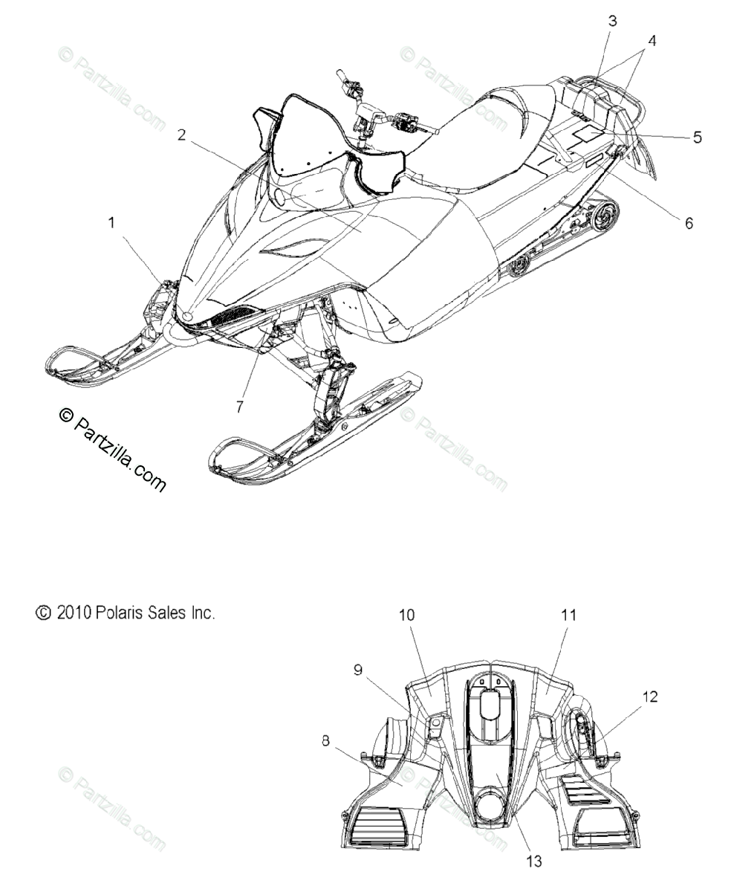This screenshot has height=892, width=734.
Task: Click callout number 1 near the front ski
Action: coord(111,223)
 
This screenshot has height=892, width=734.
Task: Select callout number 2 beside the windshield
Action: coord(181,135)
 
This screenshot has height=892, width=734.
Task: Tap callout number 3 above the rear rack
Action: coord(613,21)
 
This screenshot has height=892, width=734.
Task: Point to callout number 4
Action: coord(652,41)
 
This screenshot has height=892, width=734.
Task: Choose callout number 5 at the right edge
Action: coord(697,137)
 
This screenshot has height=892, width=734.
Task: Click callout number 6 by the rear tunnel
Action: coord(689,223)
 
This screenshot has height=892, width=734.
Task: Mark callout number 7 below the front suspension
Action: coord(240,407)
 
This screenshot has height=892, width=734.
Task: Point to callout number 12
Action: coord(650,697)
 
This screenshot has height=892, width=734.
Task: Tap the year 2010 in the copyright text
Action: coord(74,613)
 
